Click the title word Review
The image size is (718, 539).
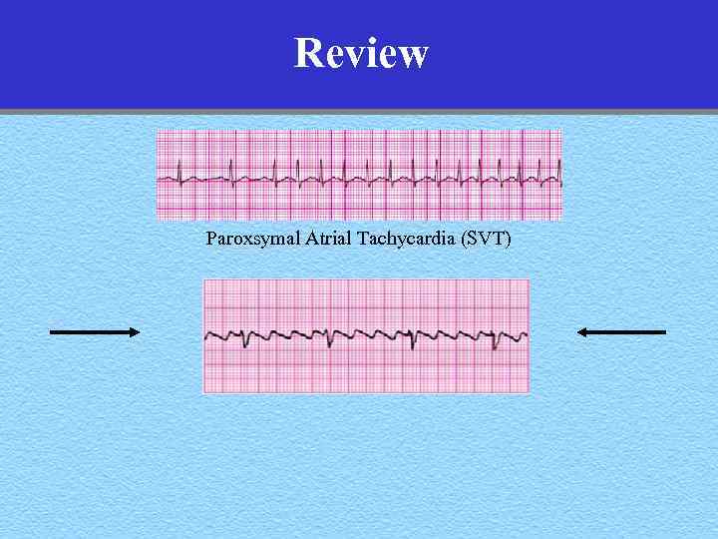coord(361,53)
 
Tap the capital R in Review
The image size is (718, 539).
coord(309,53)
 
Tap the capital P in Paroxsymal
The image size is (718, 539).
coord(210,239)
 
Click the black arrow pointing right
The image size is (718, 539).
coord(95,331)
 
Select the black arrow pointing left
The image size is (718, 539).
coord(621,331)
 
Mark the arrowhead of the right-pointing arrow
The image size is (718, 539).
coord(135,331)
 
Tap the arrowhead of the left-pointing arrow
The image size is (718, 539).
coord(582,331)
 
